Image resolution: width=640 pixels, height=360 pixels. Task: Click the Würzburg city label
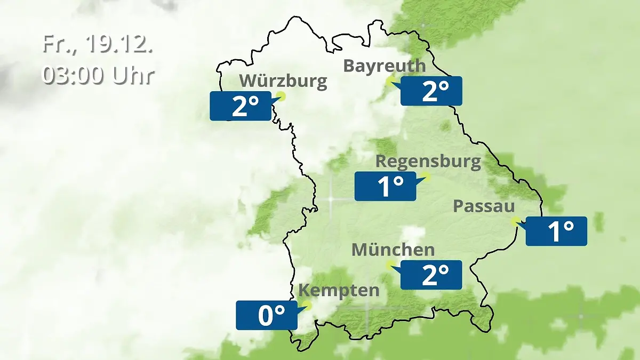point(283,81)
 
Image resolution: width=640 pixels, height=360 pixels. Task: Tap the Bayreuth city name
point(385,66)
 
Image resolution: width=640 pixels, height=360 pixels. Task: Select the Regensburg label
point(428,161)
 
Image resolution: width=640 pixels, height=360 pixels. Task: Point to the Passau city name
point(484,206)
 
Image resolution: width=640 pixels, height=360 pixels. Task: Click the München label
point(393,250)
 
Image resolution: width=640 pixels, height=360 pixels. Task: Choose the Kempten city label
point(339,291)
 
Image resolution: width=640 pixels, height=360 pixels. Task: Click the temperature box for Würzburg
point(241,106)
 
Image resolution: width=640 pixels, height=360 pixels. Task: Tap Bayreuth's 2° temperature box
point(431,91)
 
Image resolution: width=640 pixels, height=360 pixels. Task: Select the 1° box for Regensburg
point(385,186)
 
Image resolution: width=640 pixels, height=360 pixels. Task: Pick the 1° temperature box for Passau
point(556,231)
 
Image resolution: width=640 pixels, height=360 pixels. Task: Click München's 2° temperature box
point(431,275)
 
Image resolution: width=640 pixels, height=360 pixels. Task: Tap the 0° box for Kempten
point(267,315)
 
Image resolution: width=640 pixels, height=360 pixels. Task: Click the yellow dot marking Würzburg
point(281,97)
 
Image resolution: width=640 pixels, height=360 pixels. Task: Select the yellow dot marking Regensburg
point(426,177)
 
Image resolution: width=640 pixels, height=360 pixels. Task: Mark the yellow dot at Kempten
point(307,305)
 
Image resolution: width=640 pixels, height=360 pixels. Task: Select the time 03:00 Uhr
point(98,75)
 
